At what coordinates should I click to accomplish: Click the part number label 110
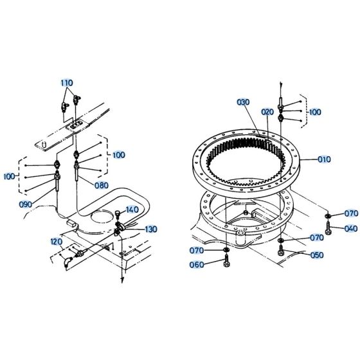(67, 83)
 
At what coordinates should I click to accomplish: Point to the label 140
(132, 210)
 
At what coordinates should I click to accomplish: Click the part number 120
(56, 242)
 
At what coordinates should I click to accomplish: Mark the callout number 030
(243, 102)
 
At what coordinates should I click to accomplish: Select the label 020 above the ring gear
(267, 111)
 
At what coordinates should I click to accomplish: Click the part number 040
(350, 228)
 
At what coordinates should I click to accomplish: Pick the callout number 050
(317, 255)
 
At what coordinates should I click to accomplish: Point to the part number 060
(197, 264)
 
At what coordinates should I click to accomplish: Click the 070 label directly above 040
(350, 213)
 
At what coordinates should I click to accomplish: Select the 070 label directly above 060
(197, 249)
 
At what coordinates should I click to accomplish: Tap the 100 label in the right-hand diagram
(314, 111)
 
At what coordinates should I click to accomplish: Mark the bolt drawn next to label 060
(226, 262)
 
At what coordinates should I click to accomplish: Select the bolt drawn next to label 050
(281, 252)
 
